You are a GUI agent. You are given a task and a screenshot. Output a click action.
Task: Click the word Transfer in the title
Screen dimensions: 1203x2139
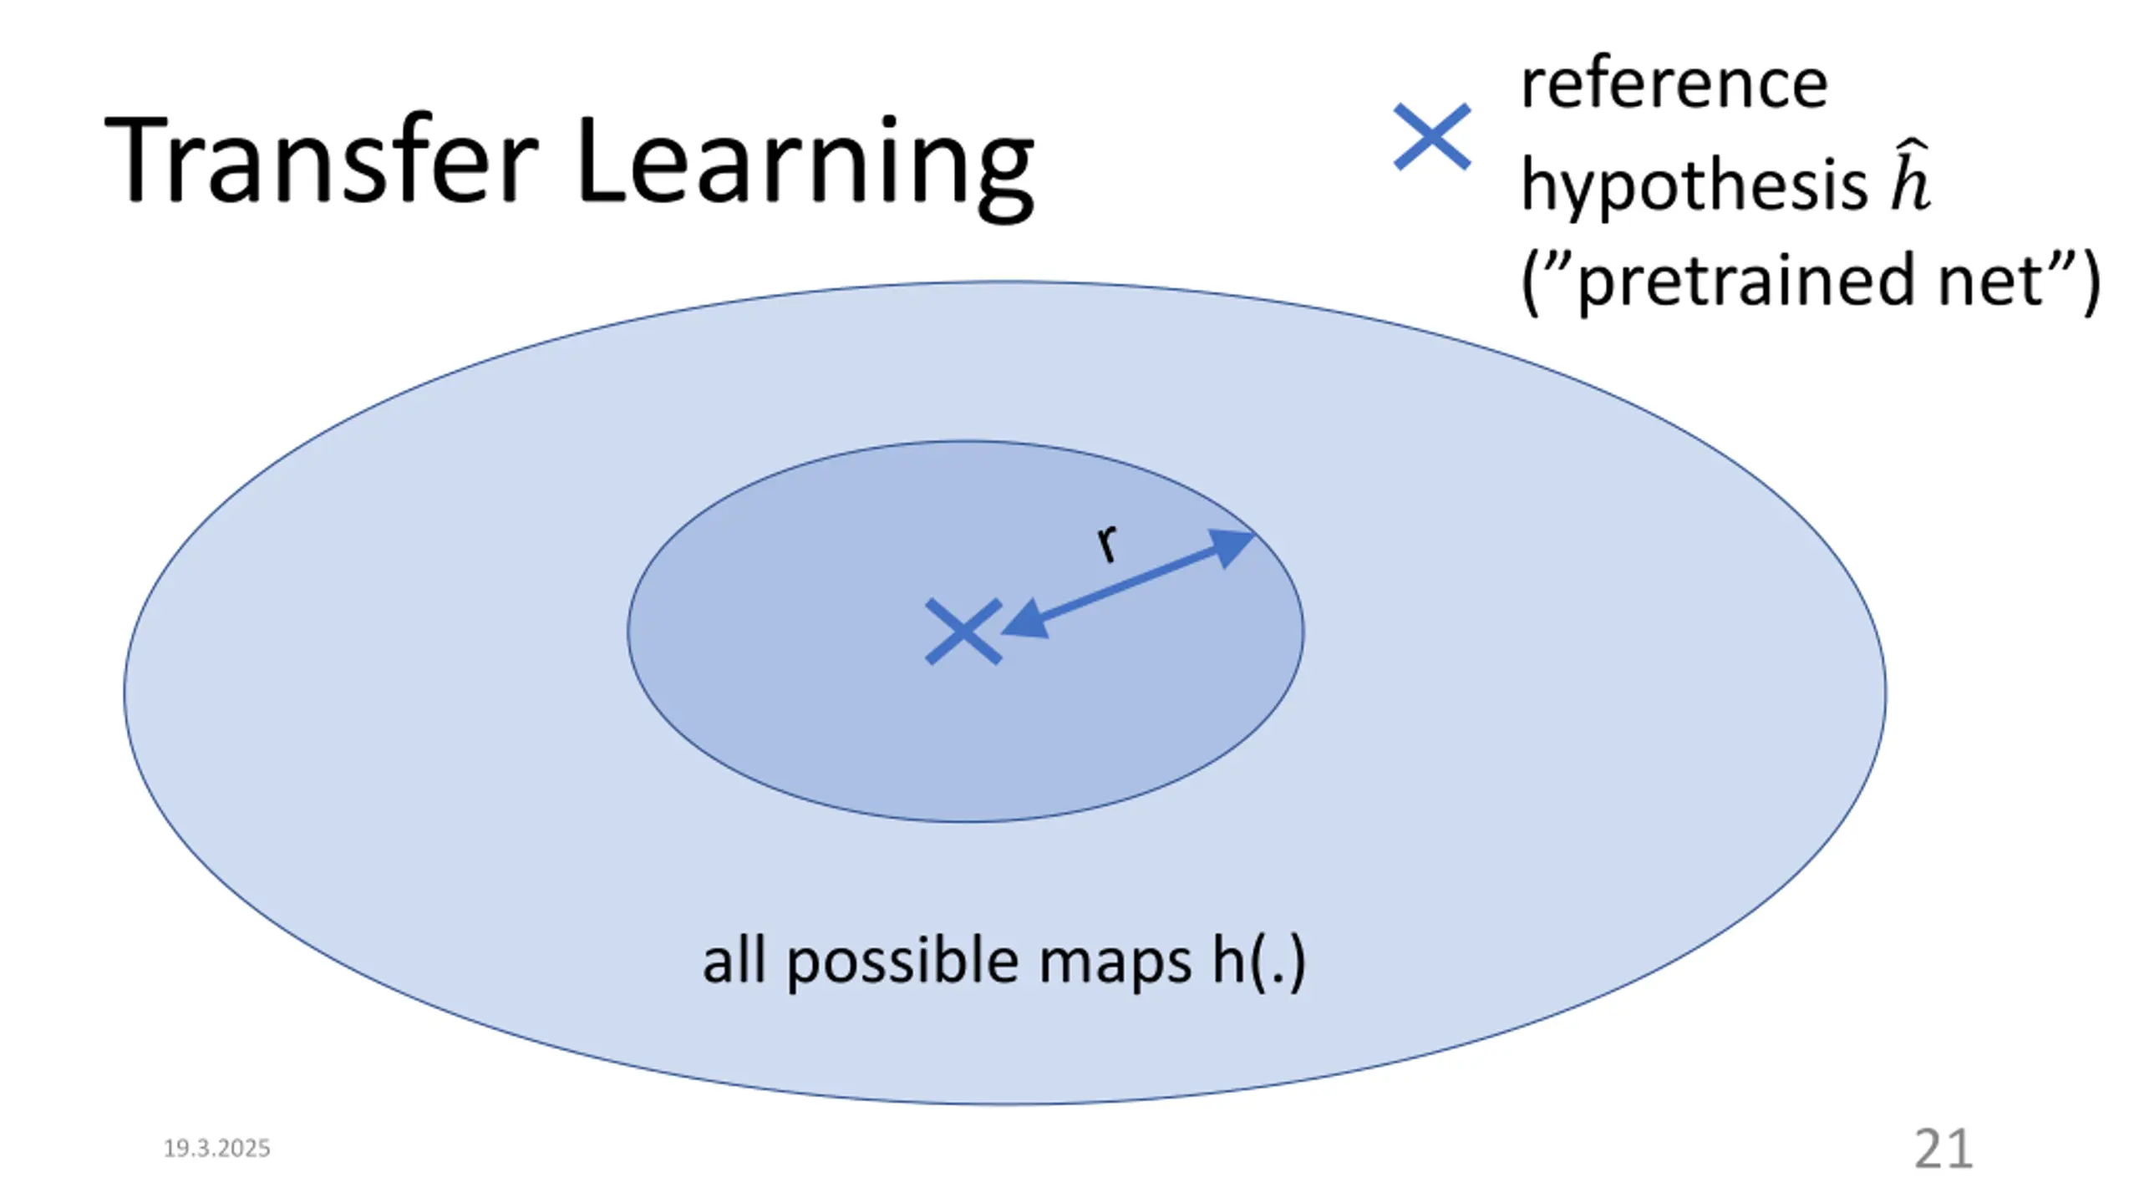click(322, 160)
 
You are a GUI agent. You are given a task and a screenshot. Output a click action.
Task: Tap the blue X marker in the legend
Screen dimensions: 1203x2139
click(1431, 137)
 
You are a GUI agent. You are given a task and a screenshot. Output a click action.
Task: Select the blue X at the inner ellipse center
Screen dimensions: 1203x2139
click(963, 632)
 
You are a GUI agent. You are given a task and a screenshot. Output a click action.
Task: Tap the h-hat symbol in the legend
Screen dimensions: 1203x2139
click(1910, 179)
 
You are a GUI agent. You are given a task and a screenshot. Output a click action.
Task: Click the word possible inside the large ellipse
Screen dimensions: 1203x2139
click(902, 963)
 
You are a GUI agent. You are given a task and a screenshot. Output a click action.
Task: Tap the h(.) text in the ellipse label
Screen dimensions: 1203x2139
click(1258, 963)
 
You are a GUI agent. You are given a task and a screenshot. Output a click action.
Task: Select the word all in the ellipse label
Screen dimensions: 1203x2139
click(734, 961)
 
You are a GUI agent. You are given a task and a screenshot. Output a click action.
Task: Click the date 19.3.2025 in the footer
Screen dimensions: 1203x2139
click(216, 1149)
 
